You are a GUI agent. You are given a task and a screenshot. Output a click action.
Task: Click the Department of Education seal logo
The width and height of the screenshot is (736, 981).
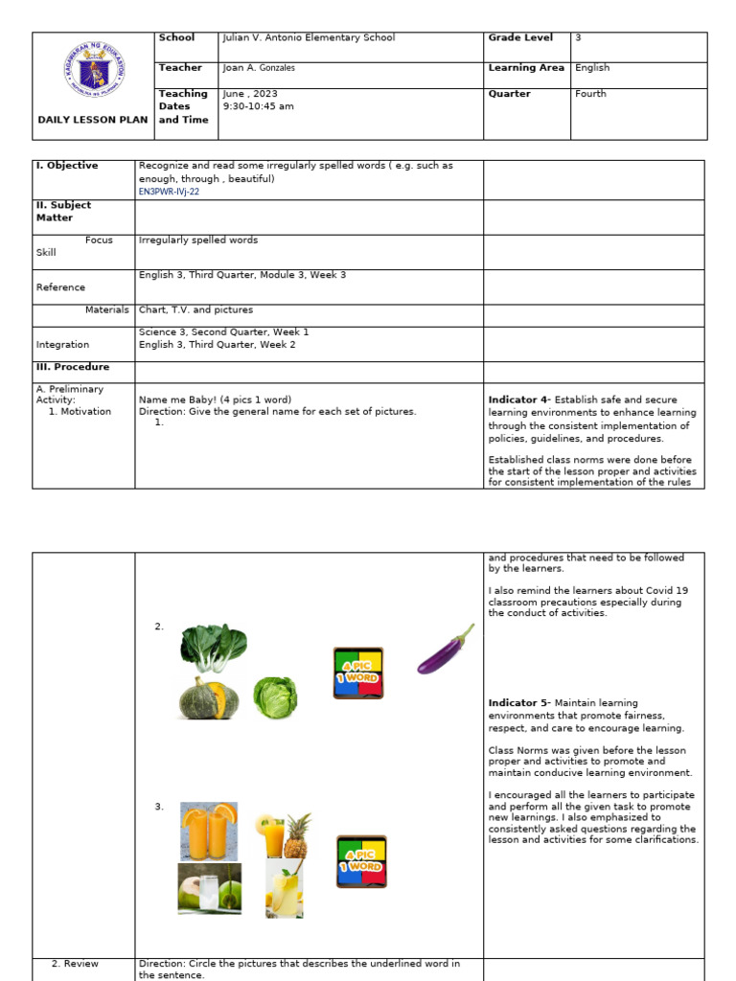[x=94, y=70]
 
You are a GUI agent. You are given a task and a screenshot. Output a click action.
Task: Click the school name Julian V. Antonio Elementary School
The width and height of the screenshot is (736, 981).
[x=308, y=38]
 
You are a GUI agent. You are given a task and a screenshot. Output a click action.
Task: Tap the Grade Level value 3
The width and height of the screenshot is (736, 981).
[x=578, y=38]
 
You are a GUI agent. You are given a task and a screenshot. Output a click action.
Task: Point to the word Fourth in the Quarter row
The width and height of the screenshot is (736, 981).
[x=590, y=94]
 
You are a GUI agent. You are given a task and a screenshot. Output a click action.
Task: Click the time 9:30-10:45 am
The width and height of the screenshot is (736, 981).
[x=258, y=106]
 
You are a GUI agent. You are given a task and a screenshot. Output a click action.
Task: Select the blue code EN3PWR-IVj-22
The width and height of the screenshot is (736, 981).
[x=170, y=192]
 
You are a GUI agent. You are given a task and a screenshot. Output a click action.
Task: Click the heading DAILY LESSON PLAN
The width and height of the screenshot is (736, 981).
[x=93, y=120]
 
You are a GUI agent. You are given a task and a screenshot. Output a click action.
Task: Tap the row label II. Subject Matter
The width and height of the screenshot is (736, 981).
[x=63, y=211]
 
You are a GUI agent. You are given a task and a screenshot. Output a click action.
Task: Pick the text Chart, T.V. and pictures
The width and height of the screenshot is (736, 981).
[x=195, y=309]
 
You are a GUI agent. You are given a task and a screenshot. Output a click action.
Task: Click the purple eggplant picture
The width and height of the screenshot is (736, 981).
[x=446, y=650]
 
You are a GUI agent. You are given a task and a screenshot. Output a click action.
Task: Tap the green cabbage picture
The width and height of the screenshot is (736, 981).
[x=275, y=697]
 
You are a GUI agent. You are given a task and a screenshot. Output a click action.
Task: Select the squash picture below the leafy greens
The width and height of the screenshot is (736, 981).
[x=209, y=696]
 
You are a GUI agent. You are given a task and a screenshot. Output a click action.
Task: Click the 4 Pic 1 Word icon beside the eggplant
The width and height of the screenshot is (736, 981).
[x=358, y=673]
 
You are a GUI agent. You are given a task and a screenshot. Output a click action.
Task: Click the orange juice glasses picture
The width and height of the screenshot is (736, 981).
[x=209, y=831]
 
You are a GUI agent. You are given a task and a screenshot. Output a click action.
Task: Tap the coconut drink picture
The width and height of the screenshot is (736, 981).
[x=209, y=888]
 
